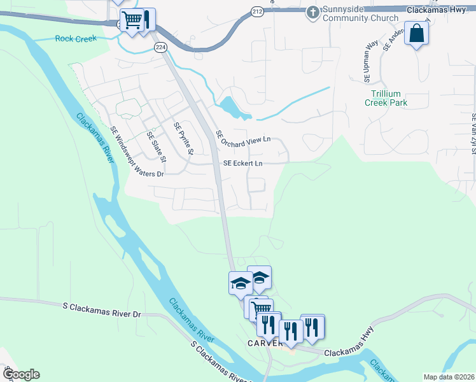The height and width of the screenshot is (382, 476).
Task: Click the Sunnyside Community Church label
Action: [361, 14]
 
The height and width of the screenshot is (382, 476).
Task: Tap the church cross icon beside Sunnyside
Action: [312, 12]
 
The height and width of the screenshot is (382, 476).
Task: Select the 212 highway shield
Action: [256, 11]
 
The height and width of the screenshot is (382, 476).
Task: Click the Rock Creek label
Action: [76, 39]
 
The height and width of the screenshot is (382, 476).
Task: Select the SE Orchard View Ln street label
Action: [243, 138]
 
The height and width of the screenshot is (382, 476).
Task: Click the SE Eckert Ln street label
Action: [242, 164]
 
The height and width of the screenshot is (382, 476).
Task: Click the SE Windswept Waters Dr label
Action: [137, 152]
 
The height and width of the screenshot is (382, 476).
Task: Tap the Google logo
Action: [20, 374]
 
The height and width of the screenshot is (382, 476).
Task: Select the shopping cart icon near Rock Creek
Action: [132, 20]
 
